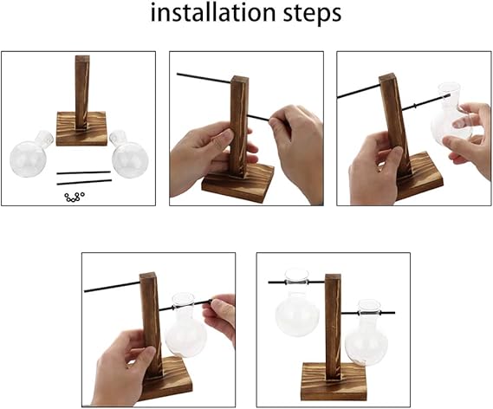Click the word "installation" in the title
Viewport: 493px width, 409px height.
[x=213, y=13]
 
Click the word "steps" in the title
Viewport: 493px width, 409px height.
[x=312, y=14]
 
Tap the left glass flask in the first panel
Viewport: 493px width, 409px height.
[x=31, y=154]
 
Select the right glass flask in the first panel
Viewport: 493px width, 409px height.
[x=129, y=154]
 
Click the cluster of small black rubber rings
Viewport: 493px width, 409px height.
[x=75, y=197]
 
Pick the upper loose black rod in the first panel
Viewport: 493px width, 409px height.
[x=84, y=172]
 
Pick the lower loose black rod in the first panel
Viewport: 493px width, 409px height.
[x=84, y=182]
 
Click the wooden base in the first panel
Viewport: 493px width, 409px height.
[x=81, y=128]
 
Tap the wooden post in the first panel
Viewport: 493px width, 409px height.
[x=82, y=93]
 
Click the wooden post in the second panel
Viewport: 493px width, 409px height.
[x=239, y=127]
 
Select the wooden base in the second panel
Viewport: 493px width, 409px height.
[x=238, y=184]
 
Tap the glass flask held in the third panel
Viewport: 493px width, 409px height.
[x=451, y=114]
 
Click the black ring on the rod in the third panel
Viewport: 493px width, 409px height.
[x=415, y=106]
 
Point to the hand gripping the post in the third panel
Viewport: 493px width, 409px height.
[x=375, y=168]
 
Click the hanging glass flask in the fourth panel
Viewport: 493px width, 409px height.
[x=185, y=324]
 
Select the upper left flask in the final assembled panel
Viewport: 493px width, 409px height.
[x=297, y=303]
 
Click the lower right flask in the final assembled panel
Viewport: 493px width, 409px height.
[x=367, y=333]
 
